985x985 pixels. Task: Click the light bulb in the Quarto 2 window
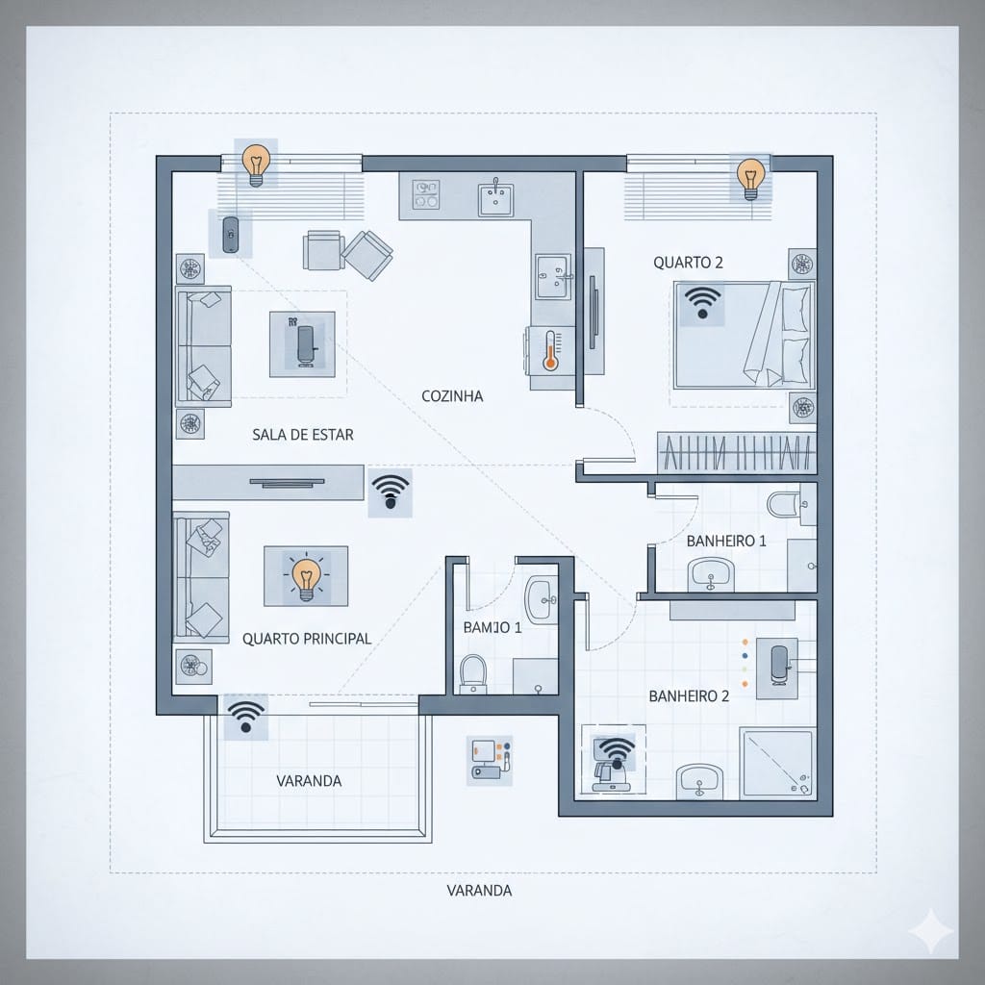point(749,177)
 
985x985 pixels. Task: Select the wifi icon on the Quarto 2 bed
point(703,303)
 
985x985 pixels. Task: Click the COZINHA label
point(452,395)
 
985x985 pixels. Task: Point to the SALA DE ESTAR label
point(302,435)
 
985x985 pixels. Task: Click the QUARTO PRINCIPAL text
point(307,638)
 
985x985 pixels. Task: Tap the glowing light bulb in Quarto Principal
point(306,578)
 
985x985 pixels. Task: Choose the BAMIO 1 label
point(492,627)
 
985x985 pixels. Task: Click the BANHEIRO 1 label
point(726,541)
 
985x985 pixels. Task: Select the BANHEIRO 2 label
point(689,695)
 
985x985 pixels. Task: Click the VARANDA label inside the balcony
point(309,780)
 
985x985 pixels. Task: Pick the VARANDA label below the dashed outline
point(479,890)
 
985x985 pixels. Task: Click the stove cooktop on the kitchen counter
point(425,195)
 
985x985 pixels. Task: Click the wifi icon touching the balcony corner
point(246,717)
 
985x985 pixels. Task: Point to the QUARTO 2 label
point(688,262)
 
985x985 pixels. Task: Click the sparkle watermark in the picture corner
point(932,932)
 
